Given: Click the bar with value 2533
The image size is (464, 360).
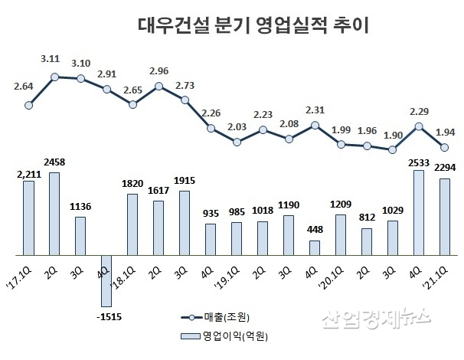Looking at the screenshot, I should (419, 212).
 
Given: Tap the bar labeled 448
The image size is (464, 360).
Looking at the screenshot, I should (315, 247).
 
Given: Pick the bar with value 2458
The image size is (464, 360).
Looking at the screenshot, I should (55, 213).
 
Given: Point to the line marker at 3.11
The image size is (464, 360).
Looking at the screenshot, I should (55, 77).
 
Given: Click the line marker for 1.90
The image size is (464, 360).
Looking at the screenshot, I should (393, 150).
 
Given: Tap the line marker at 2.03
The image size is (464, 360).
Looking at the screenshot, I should (237, 142).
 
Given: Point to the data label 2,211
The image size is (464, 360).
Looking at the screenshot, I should (27, 173).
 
